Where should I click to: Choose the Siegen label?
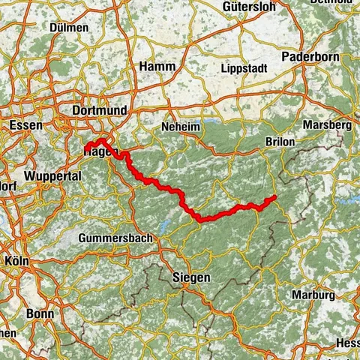coord(190,277)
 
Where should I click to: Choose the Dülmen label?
coord(68,27)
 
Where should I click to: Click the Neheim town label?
coord(181,127)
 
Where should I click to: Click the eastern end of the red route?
coord(274,197)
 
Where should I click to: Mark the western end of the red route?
coord(86,148)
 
